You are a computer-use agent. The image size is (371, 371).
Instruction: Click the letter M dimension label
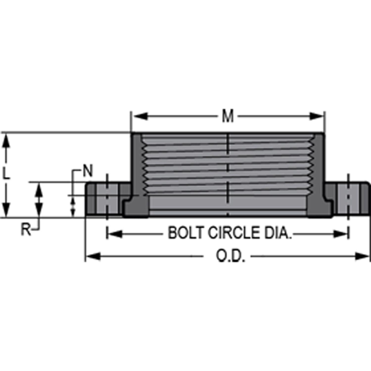[x=228, y=116]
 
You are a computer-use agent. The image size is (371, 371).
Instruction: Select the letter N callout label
[x=88, y=171]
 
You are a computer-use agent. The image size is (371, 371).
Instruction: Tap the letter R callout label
[x=26, y=229]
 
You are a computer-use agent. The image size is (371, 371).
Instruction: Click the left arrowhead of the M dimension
[x=140, y=116]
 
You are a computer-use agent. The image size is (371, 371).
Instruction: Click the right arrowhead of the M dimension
[x=316, y=116]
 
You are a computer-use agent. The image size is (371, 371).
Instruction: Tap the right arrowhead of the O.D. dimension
[x=362, y=256]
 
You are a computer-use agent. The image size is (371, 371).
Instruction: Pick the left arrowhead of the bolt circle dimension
[x=115, y=234]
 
